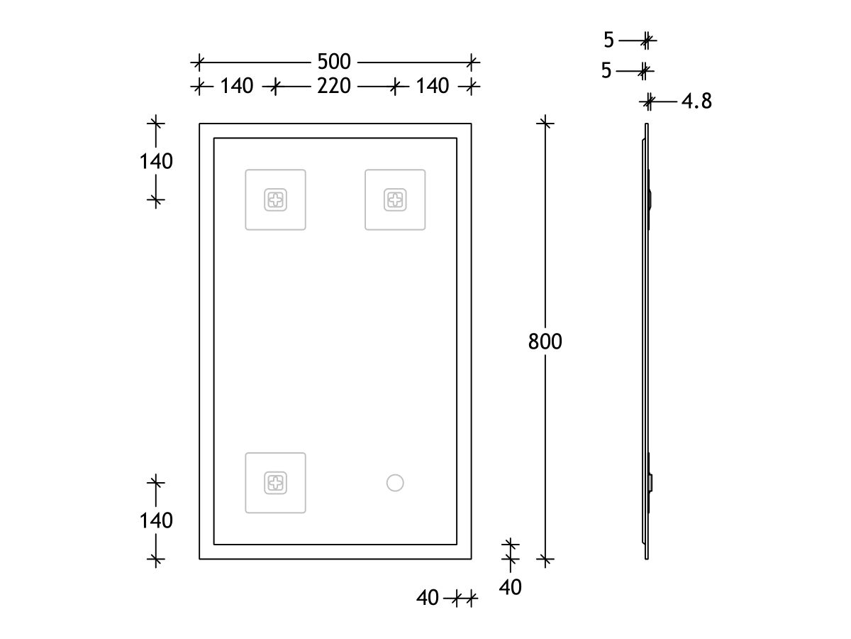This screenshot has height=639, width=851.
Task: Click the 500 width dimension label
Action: (334, 62)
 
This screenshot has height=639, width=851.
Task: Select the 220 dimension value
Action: (334, 86)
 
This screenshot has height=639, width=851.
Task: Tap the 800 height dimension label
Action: (545, 342)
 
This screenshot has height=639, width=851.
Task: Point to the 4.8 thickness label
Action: (696, 102)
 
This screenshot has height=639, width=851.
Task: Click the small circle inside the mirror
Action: (395, 483)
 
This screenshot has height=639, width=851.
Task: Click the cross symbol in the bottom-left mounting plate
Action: (275, 483)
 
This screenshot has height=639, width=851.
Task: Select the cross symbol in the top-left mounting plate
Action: (275, 200)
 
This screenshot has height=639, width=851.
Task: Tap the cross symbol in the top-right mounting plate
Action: (395, 200)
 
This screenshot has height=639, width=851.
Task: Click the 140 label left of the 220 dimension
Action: (236, 86)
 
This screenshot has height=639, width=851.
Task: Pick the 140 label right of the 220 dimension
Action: (433, 86)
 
